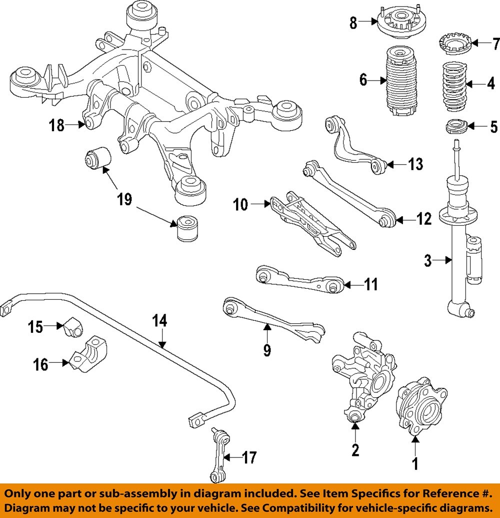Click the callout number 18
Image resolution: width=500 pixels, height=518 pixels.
[x=57, y=125]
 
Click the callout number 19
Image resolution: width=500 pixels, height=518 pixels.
[x=124, y=200]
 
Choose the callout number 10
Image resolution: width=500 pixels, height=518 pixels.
[x=241, y=205]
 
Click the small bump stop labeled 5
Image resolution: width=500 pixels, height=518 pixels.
[x=457, y=127]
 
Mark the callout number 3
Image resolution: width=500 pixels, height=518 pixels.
[x=427, y=260]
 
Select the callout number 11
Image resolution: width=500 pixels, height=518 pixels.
[x=370, y=285]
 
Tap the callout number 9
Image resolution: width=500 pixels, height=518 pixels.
[x=267, y=350]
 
